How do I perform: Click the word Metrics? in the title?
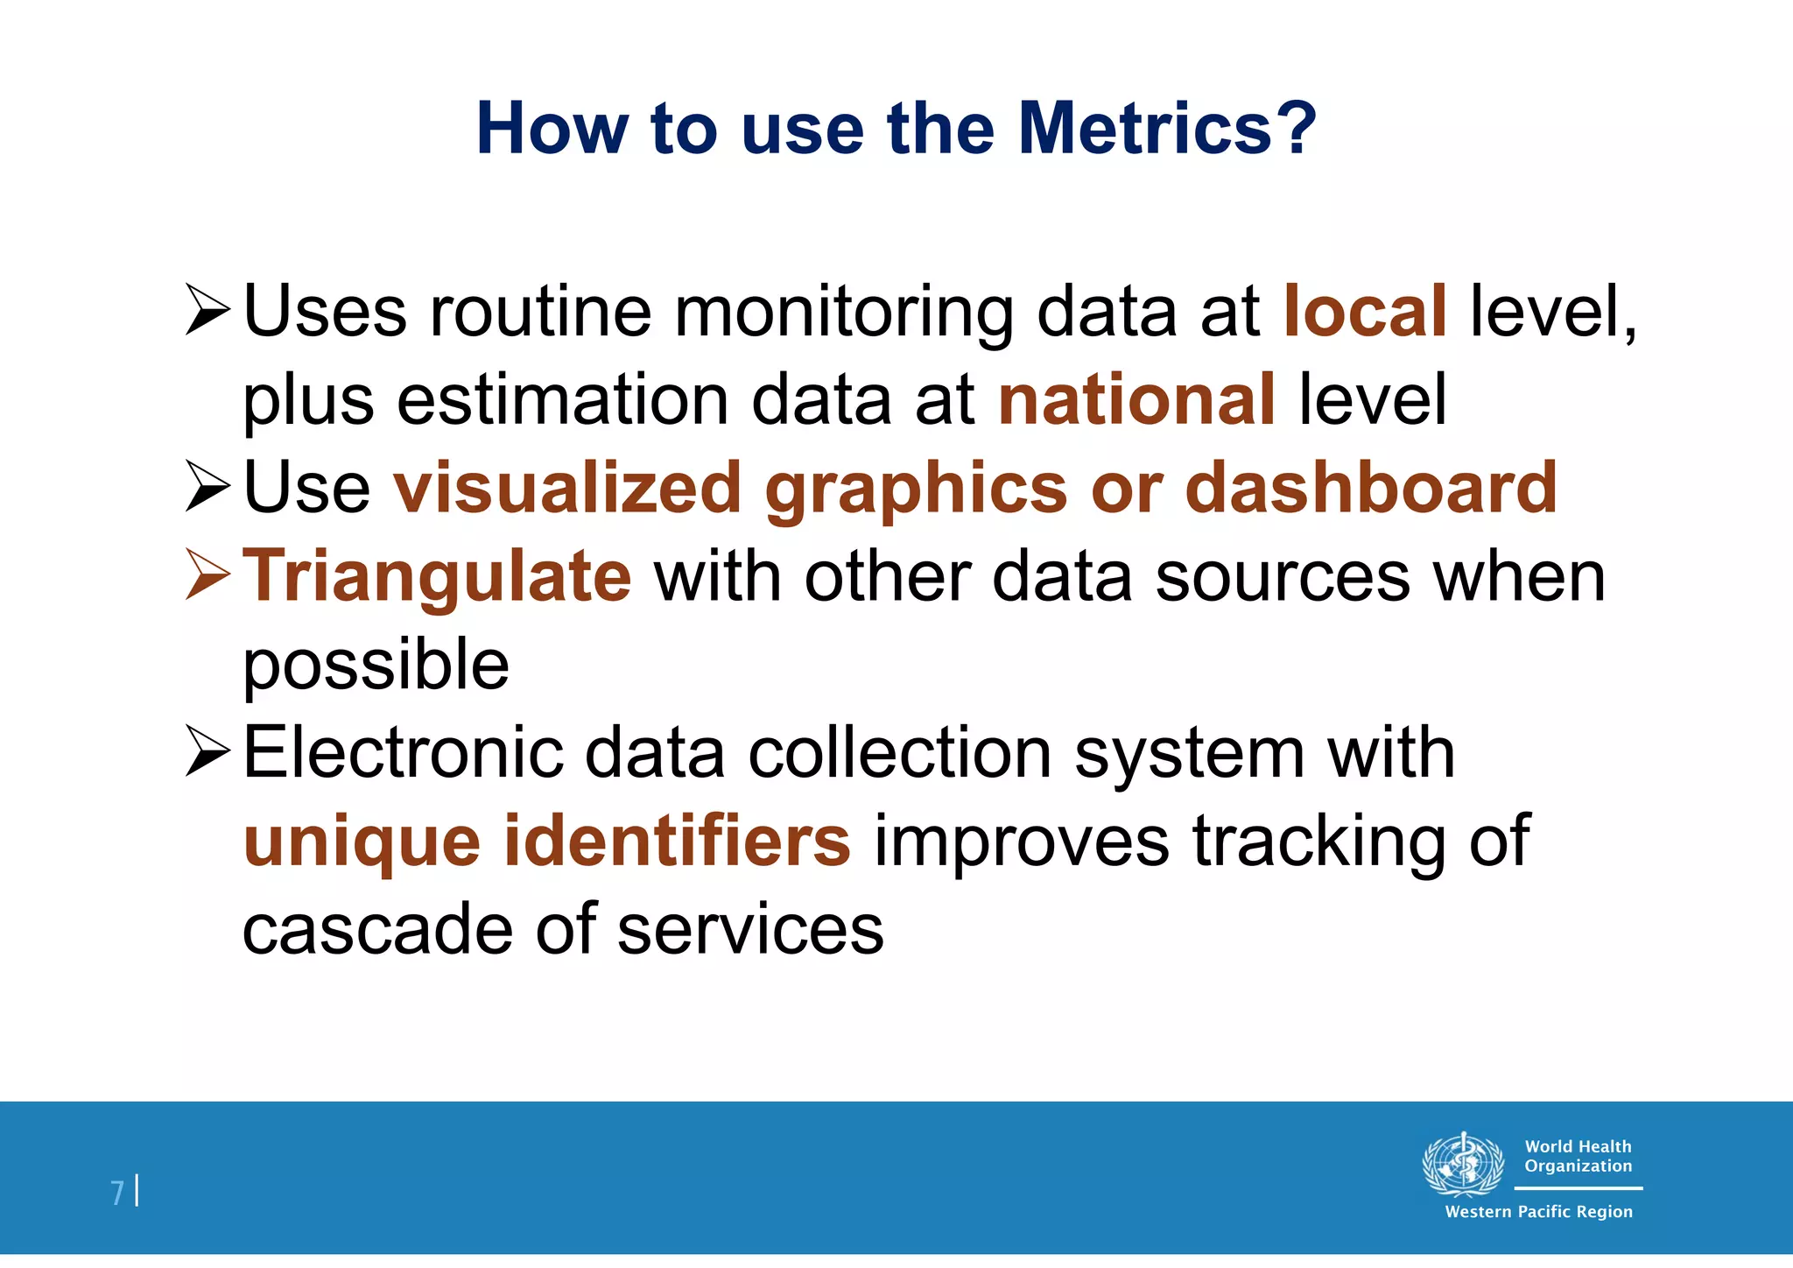[1167, 129]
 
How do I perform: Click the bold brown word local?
[1364, 311]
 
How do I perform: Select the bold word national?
[1136, 399]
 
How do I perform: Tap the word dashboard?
[1370, 488]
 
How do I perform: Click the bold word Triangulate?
[436, 576]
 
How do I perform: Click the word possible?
[376, 665]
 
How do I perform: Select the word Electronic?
[403, 753]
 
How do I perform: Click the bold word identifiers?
[676, 841]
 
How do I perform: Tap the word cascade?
[377, 929]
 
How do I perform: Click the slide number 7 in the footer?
[117, 1193]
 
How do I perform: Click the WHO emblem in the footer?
[1462, 1164]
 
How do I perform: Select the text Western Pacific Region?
[1538, 1212]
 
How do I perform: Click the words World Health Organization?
[1578, 1156]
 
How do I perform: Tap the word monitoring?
[844, 311]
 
